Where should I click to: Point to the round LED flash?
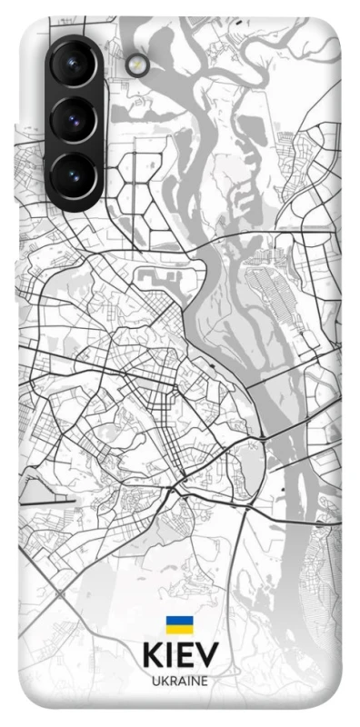[139, 64]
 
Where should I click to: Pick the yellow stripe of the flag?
[179, 630]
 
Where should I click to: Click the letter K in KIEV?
[153, 657]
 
